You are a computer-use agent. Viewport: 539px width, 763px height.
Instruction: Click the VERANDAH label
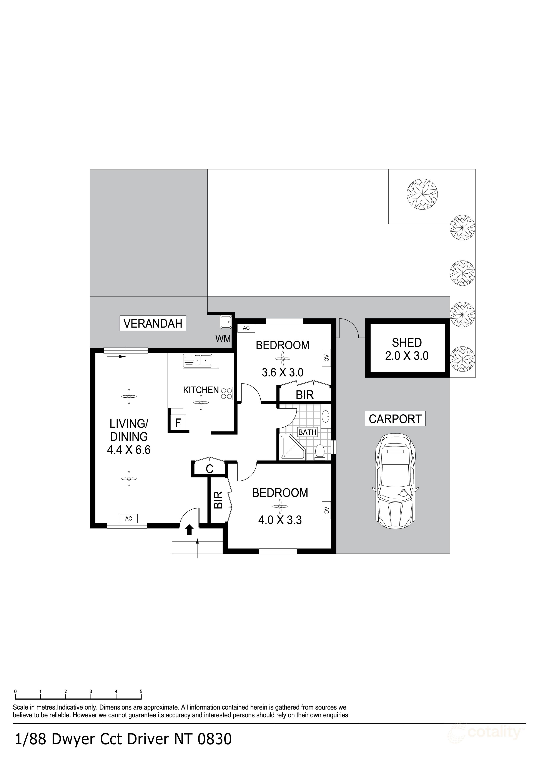click(153, 323)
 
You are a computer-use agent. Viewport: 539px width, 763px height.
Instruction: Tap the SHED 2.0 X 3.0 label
click(407, 349)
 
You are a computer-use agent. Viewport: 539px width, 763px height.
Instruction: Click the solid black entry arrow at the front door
click(189, 530)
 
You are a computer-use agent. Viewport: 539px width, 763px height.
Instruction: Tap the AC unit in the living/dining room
click(128, 518)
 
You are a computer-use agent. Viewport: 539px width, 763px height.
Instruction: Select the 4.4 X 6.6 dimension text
click(129, 450)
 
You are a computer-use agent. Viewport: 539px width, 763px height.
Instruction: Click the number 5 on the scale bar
click(141, 692)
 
